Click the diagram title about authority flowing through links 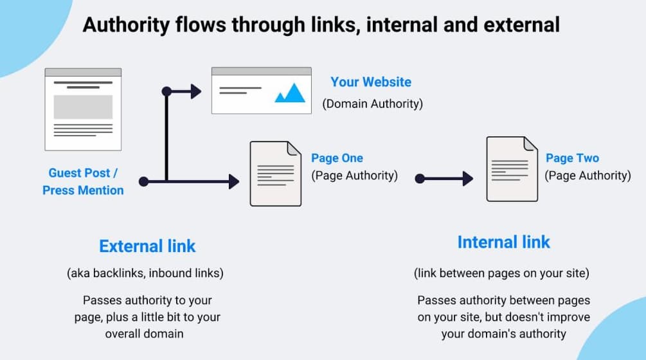coord(321,25)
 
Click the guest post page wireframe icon coord(83,109)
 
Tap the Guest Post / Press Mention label coord(84,181)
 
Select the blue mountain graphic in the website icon coord(290,93)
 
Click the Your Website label coord(371,82)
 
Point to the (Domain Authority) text coord(373,104)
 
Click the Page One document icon coord(275,174)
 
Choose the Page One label coord(337,158)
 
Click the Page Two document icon coord(512,169)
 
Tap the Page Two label coord(572,158)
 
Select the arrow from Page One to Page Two coord(445,179)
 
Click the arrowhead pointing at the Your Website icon coord(195,91)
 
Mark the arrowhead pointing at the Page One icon coord(233,182)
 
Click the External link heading coord(147,246)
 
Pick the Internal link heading coord(504,242)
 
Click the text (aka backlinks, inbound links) coord(145,273)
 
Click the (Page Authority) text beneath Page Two coord(588,175)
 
